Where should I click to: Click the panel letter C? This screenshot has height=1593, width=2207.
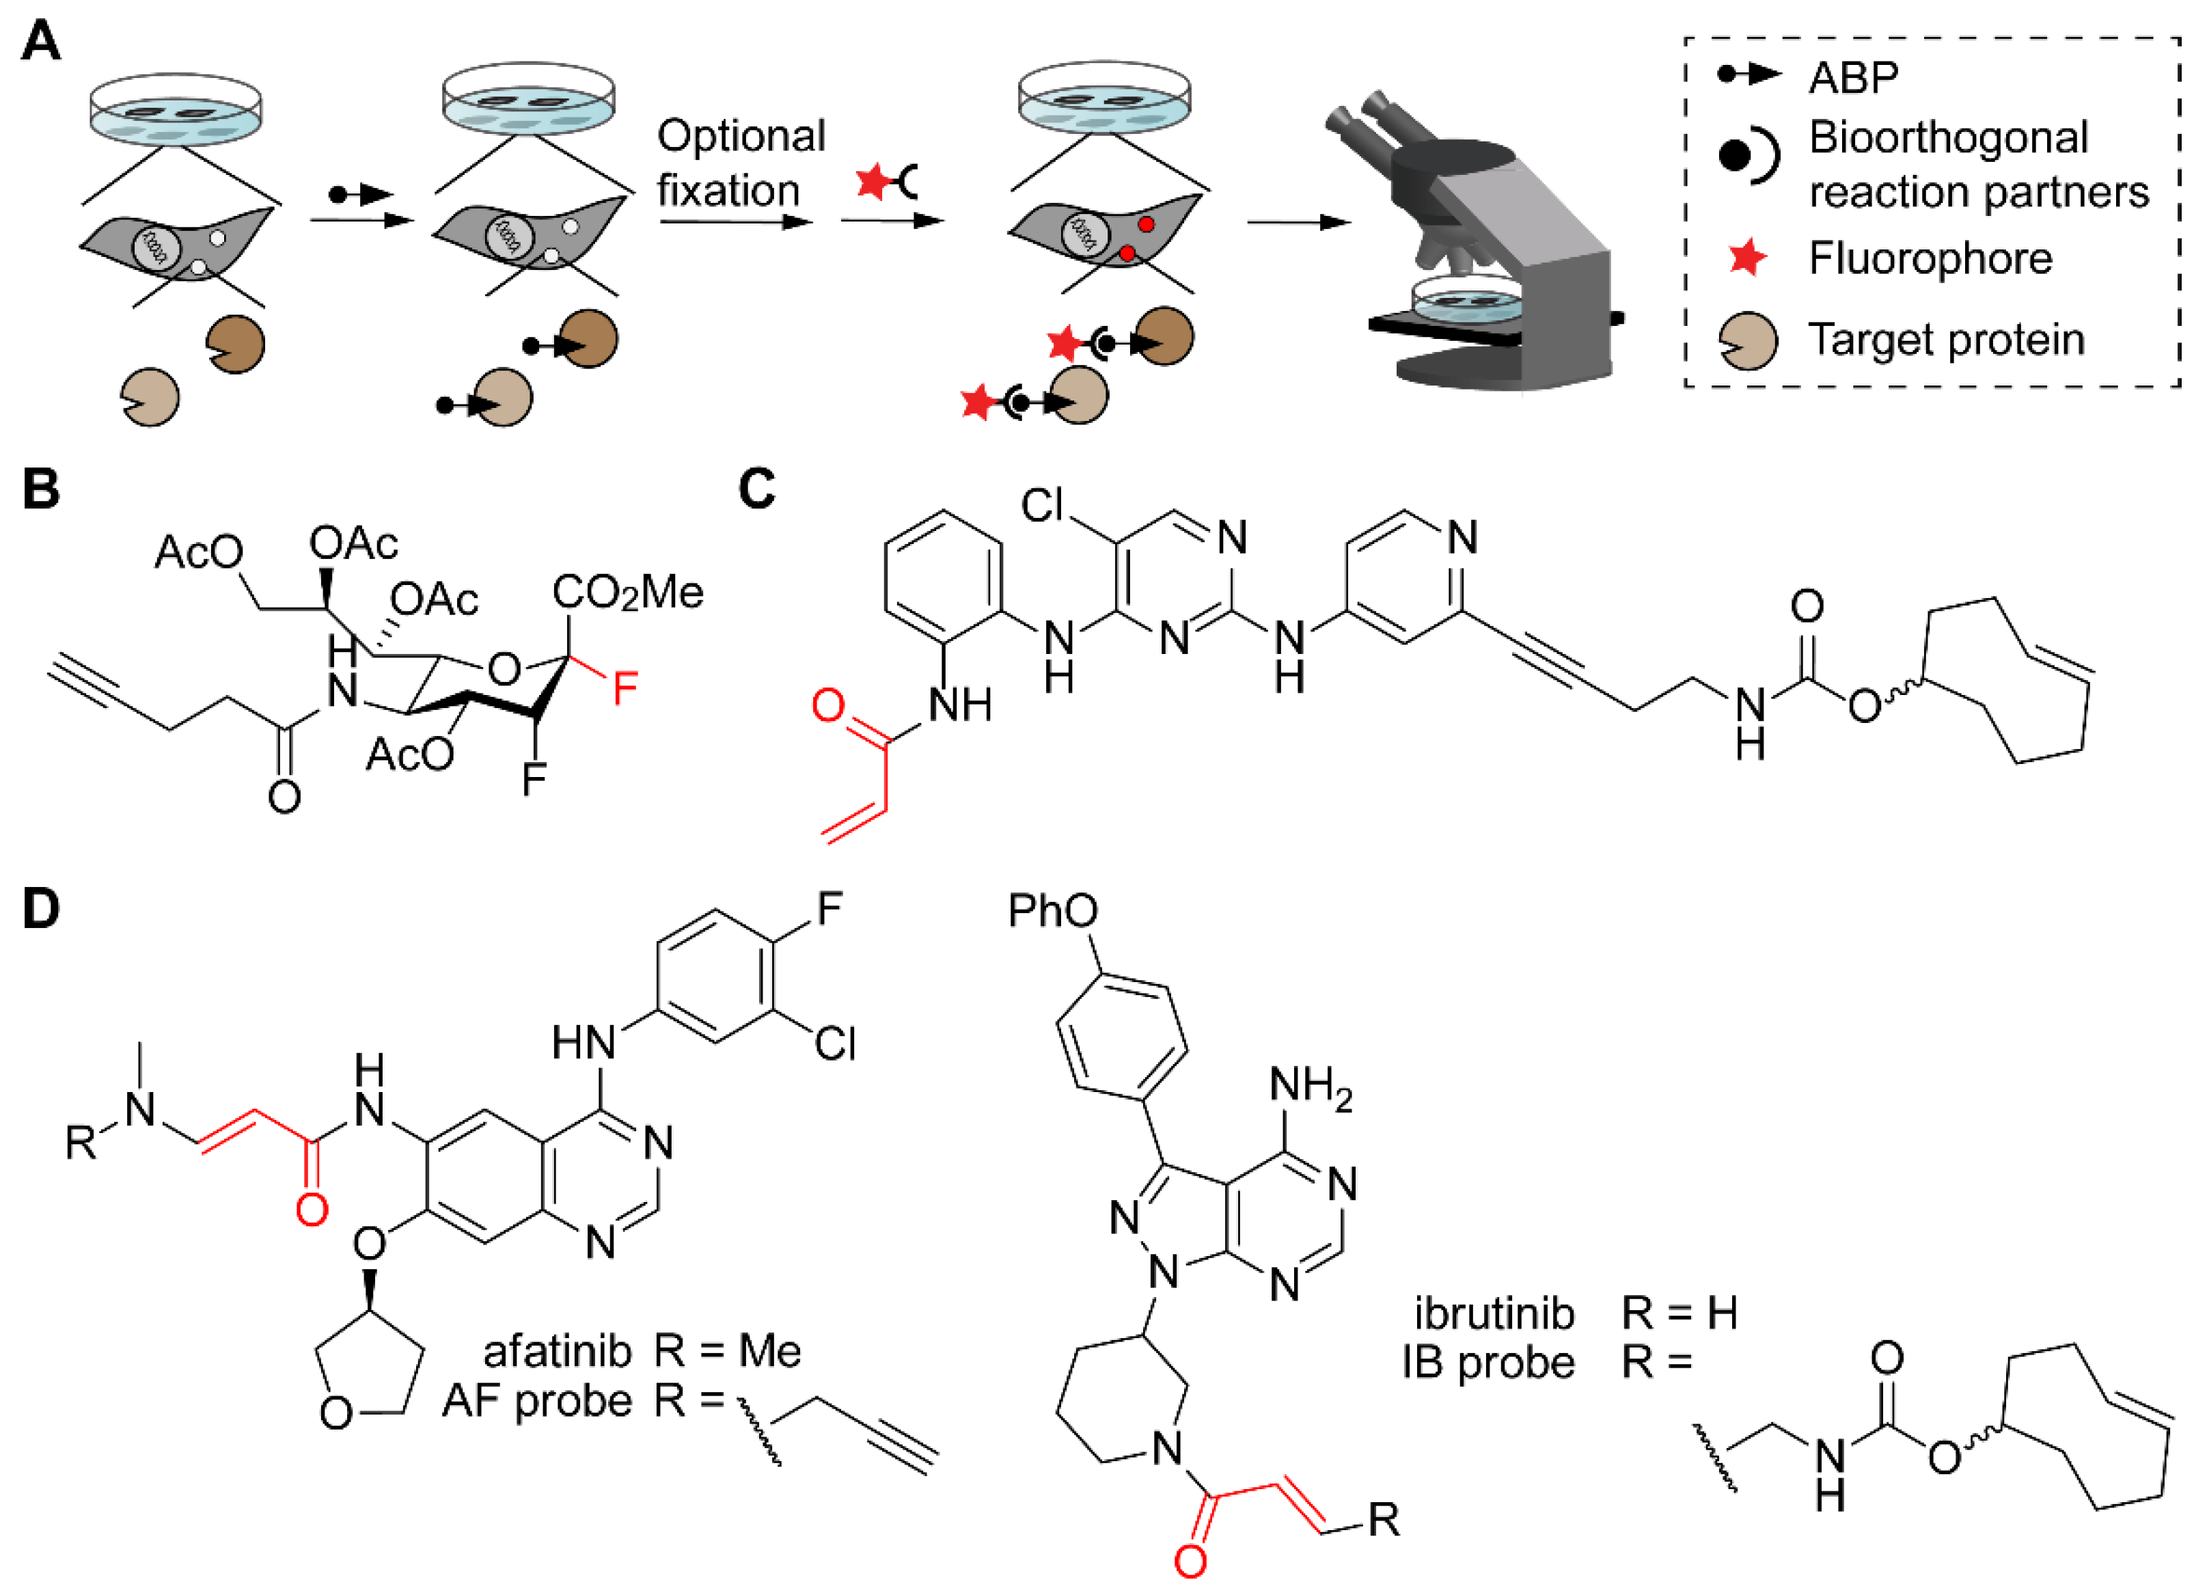(756, 489)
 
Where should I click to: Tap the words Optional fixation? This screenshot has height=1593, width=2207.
(739, 163)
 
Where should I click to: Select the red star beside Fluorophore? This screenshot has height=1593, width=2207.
(1746, 258)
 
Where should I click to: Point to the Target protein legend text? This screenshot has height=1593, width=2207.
(1946, 340)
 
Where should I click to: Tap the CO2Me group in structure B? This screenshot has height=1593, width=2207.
(628, 592)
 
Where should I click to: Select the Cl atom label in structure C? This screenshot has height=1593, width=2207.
(1042, 506)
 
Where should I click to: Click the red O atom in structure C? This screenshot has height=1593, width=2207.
(828, 705)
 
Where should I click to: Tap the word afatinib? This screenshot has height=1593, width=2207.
(557, 1352)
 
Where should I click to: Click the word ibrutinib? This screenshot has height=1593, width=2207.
(1494, 1313)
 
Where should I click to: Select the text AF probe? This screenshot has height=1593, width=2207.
(537, 1401)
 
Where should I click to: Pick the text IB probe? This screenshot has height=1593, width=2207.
(1488, 1363)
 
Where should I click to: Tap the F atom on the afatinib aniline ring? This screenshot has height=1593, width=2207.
(829, 909)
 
